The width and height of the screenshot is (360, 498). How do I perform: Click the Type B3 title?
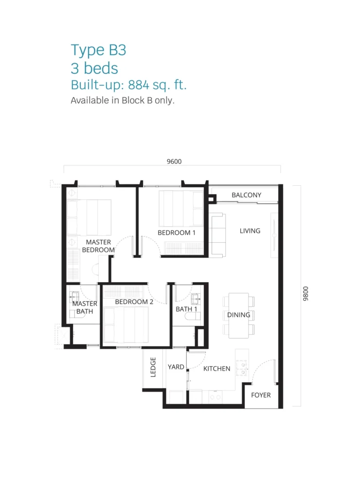(98, 50)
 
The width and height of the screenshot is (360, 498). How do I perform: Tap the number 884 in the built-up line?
(139, 85)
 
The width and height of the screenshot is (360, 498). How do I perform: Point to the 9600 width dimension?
(174, 161)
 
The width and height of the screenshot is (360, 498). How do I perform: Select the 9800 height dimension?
(306, 293)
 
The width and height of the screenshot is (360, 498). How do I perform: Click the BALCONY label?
(246, 195)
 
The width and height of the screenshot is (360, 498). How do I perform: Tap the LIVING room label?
(250, 231)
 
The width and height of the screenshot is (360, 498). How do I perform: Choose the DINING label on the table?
(239, 315)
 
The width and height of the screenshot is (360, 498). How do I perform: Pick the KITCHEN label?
(216, 369)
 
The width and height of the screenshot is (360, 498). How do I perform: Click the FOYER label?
(261, 395)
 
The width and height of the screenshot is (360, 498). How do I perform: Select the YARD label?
(176, 367)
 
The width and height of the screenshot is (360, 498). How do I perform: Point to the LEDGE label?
(153, 367)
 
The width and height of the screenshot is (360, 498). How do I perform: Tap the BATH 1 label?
(186, 309)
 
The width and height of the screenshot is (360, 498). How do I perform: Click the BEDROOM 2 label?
(134, 302)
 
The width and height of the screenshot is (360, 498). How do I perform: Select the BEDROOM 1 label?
(176, 232)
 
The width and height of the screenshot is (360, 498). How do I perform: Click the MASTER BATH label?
(85, 307)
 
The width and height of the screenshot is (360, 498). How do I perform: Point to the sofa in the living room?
(217, 235)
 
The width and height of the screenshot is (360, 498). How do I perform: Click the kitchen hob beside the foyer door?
(241, 368)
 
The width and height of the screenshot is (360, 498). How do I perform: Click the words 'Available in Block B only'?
(123, 100)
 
